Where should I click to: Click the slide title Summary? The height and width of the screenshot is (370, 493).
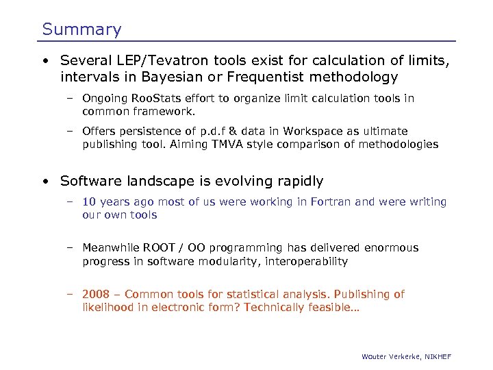coord(81,29)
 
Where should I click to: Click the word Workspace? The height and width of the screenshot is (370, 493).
coord(316,132)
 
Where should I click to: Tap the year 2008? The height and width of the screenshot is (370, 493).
coord(96,295)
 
